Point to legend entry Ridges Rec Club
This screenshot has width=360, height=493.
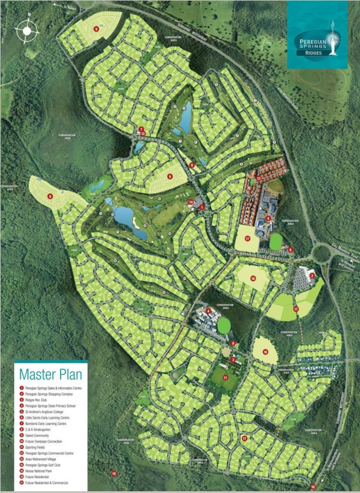(x=38, y=400)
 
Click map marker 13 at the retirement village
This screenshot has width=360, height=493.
(x=258, y=177)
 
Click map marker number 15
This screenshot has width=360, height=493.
(x=114, y=473)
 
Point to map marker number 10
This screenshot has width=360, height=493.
(x=313, y=487)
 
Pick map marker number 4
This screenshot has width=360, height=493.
(x=208, y=310)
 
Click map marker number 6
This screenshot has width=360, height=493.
(x=290, y=249)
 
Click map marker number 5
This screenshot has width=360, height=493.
(x=268, y=218)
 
